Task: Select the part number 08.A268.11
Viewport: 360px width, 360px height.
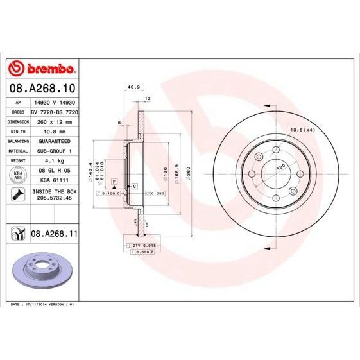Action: click(55, 234)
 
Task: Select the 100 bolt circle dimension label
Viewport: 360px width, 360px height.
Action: click(280, 167)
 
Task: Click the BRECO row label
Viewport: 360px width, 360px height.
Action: click(19, 111)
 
